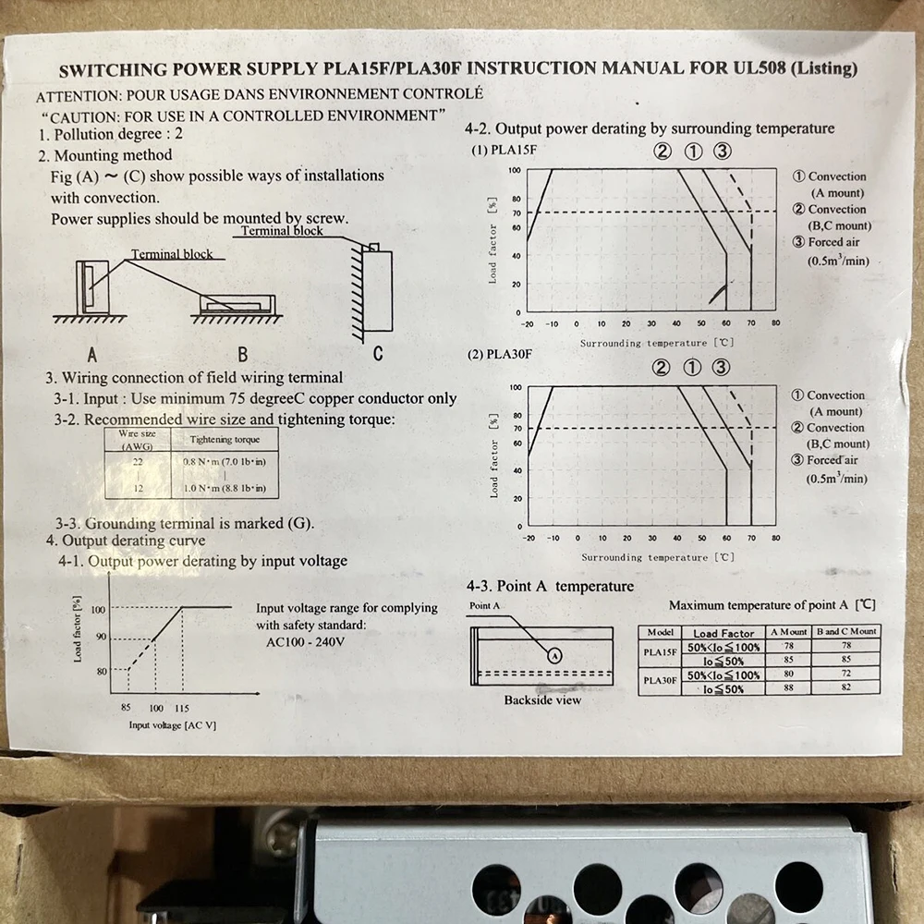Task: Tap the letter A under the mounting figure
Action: pyautogui.click(x=91, y=354)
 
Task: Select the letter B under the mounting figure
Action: pyautogui.click(x=242, y=354)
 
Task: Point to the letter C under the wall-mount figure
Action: pyautogui.click(x=377, y=354)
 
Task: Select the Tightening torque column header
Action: pyautogui.click(x=224, y=440)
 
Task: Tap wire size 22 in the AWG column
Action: pyautogui.click(x=138, y=460)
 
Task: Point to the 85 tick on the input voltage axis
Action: pyautogui.click(x=127, y=708)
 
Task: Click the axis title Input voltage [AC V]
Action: pyautogui.click(x=172, y=725)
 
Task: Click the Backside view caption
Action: pyautogui.click(x=542, y=700)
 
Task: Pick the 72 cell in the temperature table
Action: pyautogui.click(x=845, y=675)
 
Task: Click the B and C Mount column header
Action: pyautogui.click(x=845, y=632)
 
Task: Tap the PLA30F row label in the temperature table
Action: pyautogui.click(x=660, y=682)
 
